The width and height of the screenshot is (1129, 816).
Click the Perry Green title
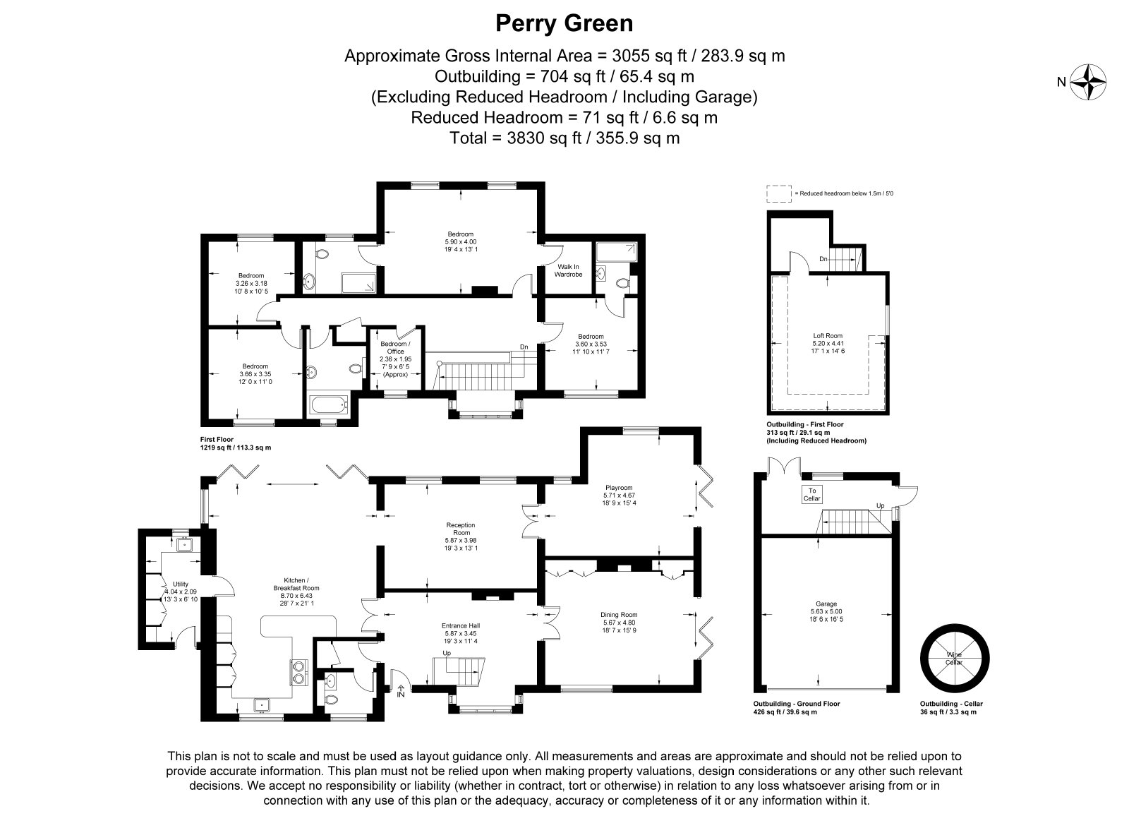(564, 24)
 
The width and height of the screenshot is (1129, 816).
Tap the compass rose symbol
(1087, 82)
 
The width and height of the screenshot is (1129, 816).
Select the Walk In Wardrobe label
(568, 270)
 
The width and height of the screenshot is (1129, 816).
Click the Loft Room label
(828, 335)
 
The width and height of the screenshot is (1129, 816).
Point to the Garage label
(826, 604)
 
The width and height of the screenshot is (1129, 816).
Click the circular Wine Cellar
(955, 658)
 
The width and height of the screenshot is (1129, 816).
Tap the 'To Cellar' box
(812, 494)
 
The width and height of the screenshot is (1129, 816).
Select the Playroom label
(619, 488)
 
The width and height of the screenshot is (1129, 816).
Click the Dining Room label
(619, 615)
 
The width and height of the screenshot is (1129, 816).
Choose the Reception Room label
(461, 529)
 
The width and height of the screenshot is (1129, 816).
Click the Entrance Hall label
(461, 626)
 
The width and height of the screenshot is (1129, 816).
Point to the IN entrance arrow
(401, 691)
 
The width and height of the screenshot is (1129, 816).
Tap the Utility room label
(180, 584)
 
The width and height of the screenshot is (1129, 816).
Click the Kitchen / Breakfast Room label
(296, 584)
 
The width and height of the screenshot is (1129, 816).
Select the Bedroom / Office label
(395, 347)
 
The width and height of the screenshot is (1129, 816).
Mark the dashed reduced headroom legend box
(779, 193)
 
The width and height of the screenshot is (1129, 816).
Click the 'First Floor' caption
(217, 439)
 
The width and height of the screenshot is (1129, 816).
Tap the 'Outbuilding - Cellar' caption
(951, 704)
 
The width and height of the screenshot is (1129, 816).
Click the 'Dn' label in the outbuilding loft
(823, 259)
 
